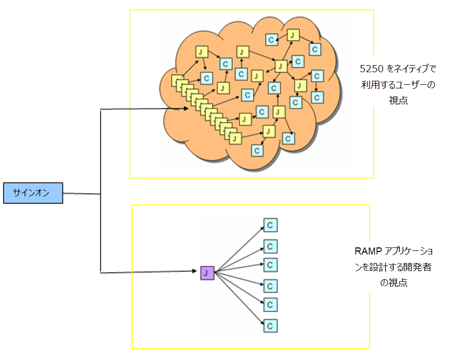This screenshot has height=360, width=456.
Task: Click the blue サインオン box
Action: click(33, 193)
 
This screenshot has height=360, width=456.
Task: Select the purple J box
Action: click(207, 273)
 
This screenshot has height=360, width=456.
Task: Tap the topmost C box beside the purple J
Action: click(270, 225)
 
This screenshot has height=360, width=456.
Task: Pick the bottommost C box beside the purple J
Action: click(270, 326)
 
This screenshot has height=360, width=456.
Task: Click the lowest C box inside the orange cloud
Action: click(257, 150)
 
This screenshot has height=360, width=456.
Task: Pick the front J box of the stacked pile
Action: click(236, 137)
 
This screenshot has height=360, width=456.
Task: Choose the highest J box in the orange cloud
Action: click(293, 35)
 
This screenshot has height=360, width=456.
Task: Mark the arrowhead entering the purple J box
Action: click(197, 272)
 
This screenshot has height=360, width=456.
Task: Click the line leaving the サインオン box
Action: click(81, 193)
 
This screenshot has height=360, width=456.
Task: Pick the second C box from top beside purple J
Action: click(270, 246)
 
